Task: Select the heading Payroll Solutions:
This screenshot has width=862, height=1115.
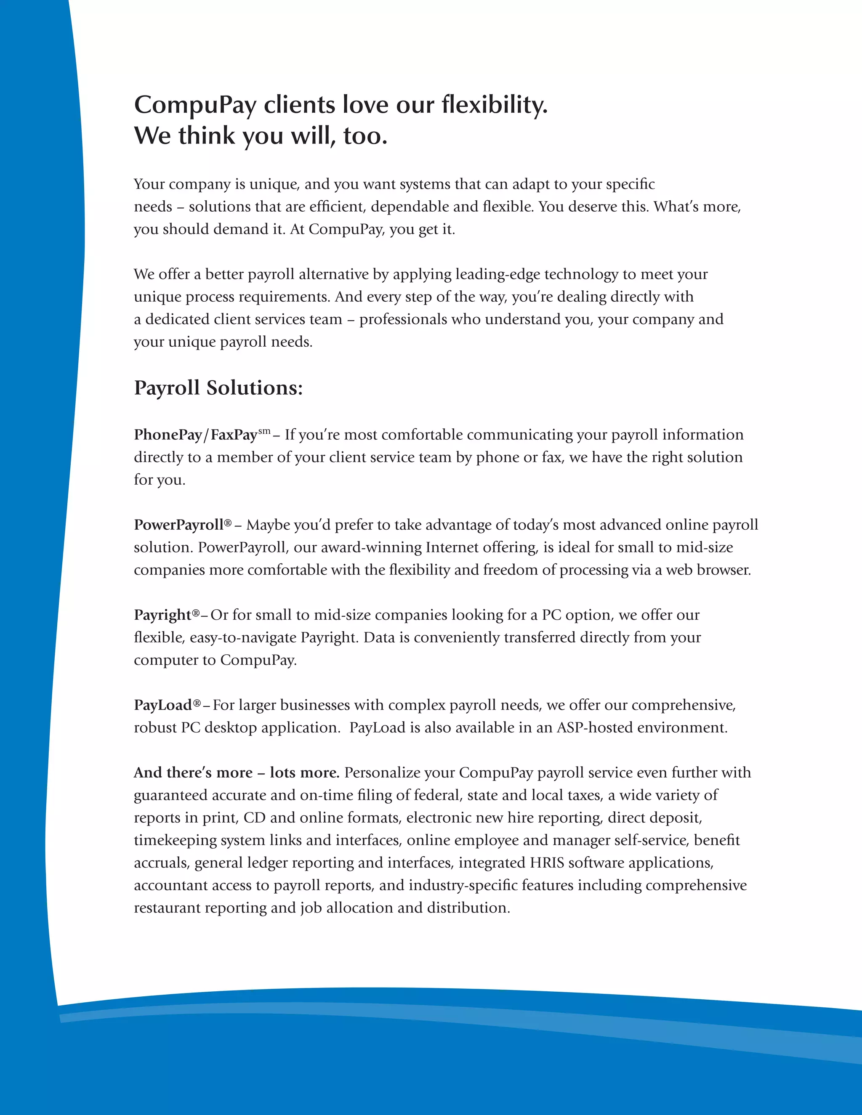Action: [x=218, y=388]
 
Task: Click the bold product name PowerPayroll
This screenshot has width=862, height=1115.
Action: [x=179, y=525]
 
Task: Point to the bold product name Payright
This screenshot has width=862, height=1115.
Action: [x=162, y=615]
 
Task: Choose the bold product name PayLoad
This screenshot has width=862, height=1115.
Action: [x=163, y=705]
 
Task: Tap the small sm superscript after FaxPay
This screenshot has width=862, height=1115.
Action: [x=264, y=431]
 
